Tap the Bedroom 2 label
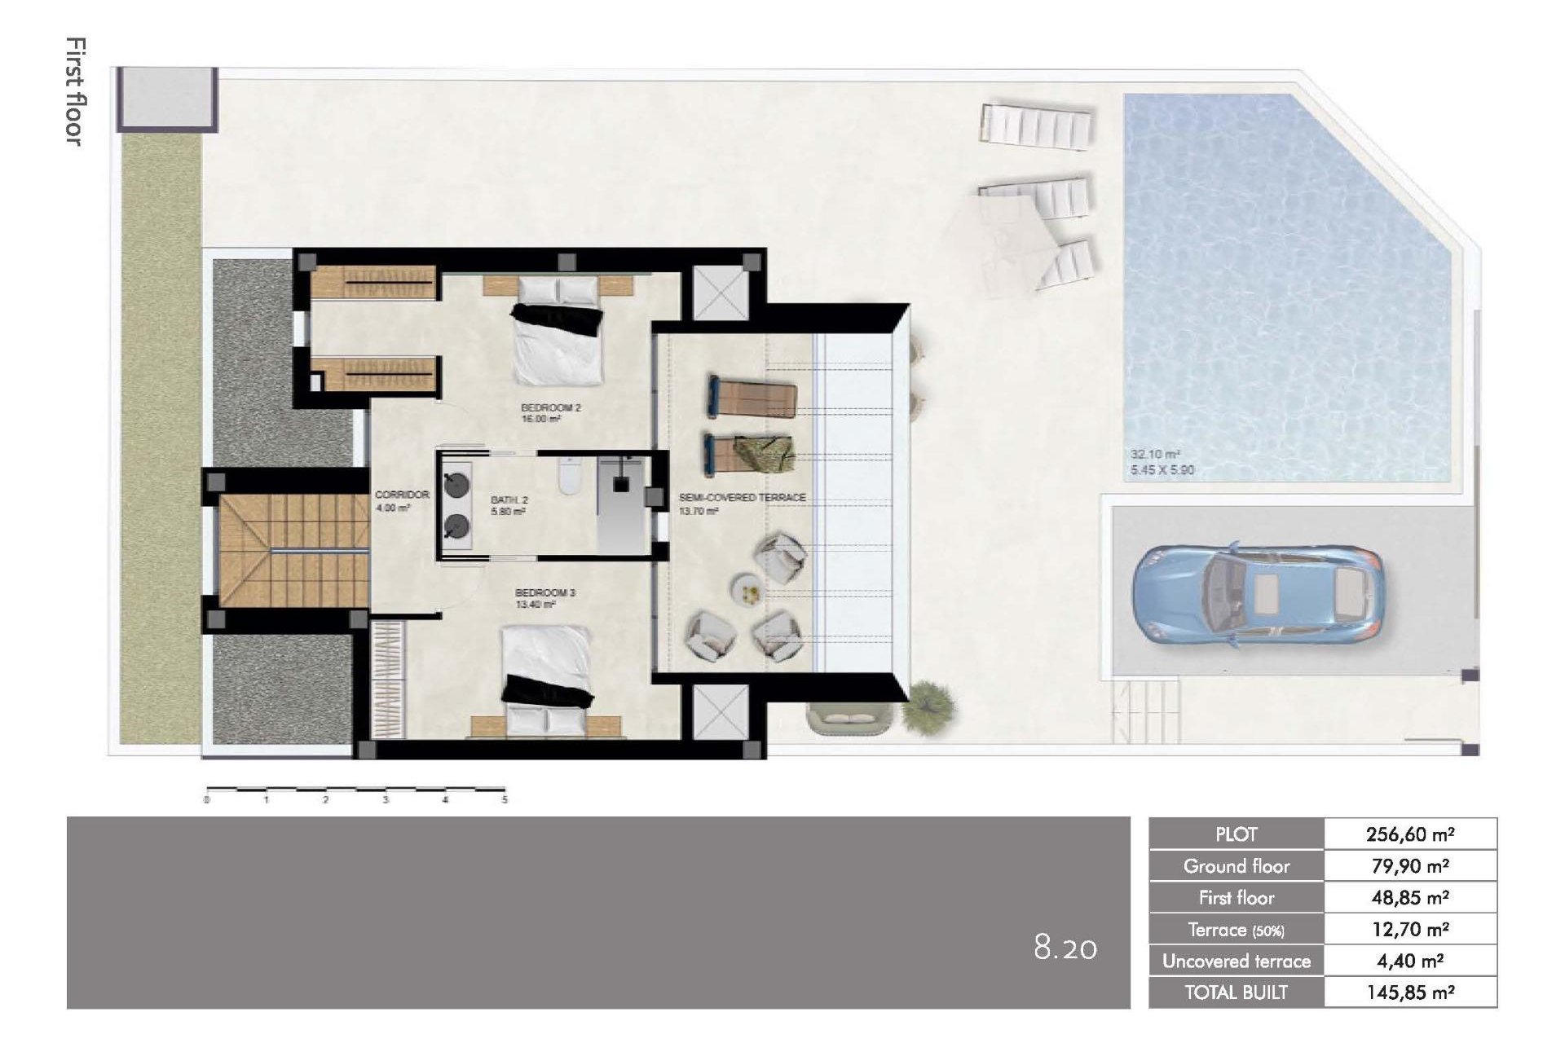[551, 407]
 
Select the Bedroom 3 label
[544, 592]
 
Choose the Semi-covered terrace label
[742, 497]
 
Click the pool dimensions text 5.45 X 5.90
[1162, 470]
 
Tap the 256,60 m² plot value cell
[1410, 834]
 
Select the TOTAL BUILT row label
[1236, 992]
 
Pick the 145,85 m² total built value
[1410, 992]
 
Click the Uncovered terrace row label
[1236, 962]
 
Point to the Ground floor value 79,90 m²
[1410, 866]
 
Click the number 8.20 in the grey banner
[1065, 948]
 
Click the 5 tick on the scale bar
[505, 800]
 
